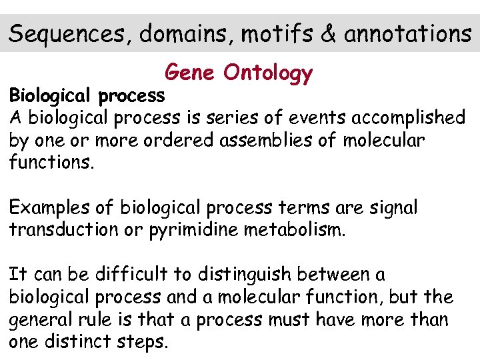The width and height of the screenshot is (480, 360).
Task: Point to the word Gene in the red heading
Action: (x=189, y=71)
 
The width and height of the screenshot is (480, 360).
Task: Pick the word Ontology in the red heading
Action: (x=268, y=73)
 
